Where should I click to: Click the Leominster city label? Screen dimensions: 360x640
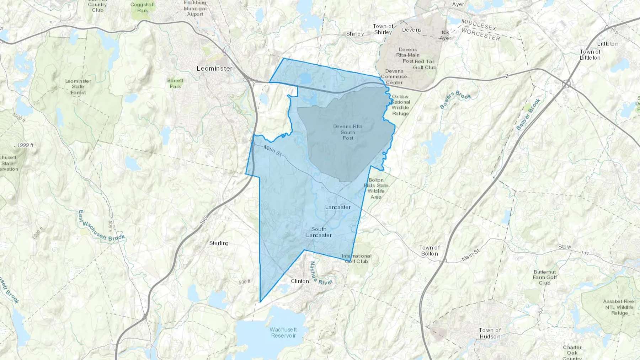point(214,68)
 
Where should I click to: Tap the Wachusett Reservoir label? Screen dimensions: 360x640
point(283,333)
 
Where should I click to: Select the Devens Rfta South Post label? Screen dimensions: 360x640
point(348,132)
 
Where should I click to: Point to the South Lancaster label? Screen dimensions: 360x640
point(319,232)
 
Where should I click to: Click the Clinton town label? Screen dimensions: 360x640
point(300,281)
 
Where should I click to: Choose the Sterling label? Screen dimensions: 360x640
point(219,243)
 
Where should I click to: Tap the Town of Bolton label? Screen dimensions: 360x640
point(430,251)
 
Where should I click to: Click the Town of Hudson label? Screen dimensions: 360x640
point(490,333)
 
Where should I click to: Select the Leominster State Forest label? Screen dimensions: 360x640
point(78,87)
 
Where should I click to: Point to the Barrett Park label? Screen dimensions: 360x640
point(175,84)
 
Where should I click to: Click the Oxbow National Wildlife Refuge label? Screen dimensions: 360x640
point(400,105)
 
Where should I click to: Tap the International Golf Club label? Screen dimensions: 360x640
point(357,258)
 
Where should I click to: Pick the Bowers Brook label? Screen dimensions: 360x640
point(455,100)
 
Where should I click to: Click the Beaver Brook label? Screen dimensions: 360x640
point(528,114)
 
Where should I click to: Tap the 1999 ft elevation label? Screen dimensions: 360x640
point(25,145)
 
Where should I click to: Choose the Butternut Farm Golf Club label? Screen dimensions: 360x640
point(545,278)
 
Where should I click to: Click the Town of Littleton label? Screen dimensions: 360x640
point(590,55)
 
